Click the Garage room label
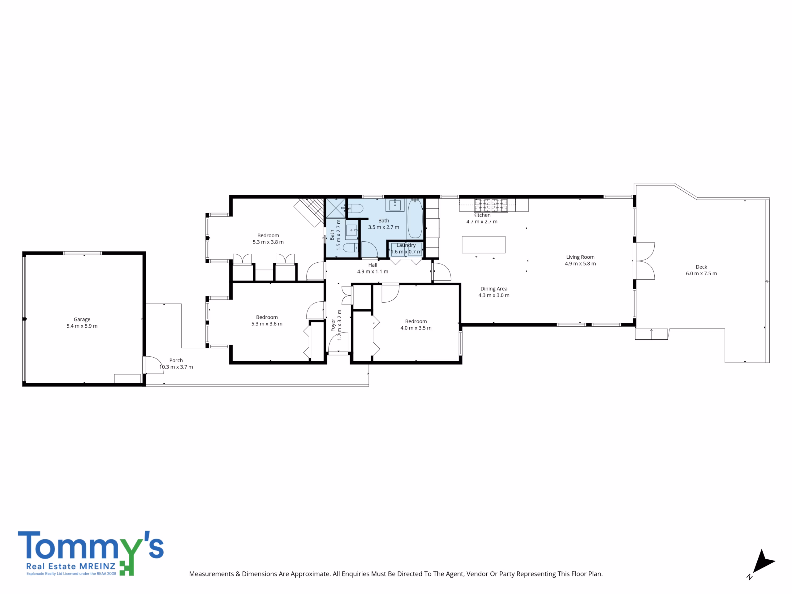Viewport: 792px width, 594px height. click(x=82, y=319)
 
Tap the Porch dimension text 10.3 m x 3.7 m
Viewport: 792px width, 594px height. click(x=176, y=367)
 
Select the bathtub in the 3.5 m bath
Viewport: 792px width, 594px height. click(x=415, y=219)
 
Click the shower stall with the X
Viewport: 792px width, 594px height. click(x=335, y=208)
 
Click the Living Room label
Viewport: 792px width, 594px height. click(x=580, y=257)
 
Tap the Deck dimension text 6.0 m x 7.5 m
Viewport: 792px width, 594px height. click(x=701, y=273)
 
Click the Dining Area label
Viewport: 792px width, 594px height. click(x=494, y=289)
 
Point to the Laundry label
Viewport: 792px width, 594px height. click(x=406, y=245)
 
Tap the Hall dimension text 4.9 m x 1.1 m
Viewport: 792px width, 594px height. click(x=373, y=271)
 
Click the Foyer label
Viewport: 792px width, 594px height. click(x=333, y=325)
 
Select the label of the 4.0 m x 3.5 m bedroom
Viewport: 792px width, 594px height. click(x=416, y=321)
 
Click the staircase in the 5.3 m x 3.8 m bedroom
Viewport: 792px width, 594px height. click(x=309, y=213)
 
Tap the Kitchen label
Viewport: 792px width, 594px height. click(x=482, y=215)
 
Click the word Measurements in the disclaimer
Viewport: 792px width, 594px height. click(x=211, y=574)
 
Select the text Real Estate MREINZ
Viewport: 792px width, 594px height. click(x=71, y=566)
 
